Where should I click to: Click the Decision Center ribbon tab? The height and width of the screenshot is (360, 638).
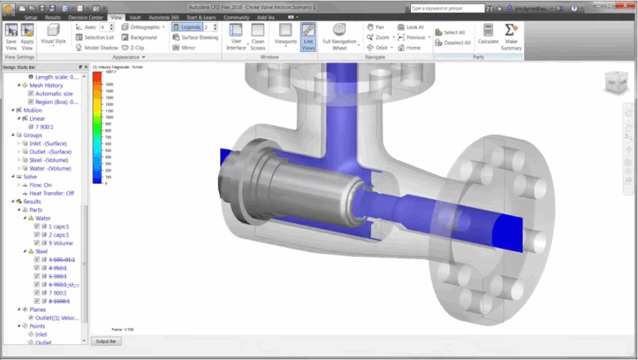point(85,18)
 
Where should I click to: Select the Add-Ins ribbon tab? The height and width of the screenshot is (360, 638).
point(266,18)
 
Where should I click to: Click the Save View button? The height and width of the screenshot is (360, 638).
point(11,37)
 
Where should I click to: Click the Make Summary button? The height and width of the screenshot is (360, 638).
point(511,37)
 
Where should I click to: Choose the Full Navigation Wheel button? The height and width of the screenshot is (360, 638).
point(339,37)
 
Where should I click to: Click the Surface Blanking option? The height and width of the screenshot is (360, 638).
point(195,38)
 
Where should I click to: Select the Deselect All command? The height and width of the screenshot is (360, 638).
point(456,43)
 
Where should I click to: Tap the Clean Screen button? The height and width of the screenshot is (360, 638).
point(258,37)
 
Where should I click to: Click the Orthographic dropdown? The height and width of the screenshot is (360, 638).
point(144,27)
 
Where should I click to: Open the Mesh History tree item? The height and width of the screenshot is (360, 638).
point(46,85)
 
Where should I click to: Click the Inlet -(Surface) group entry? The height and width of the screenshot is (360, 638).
point(48,143)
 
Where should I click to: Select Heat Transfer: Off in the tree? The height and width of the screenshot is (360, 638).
point(51,193)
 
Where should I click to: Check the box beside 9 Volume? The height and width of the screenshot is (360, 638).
point(37,243)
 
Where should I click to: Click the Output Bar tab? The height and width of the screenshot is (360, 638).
point(105,341)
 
